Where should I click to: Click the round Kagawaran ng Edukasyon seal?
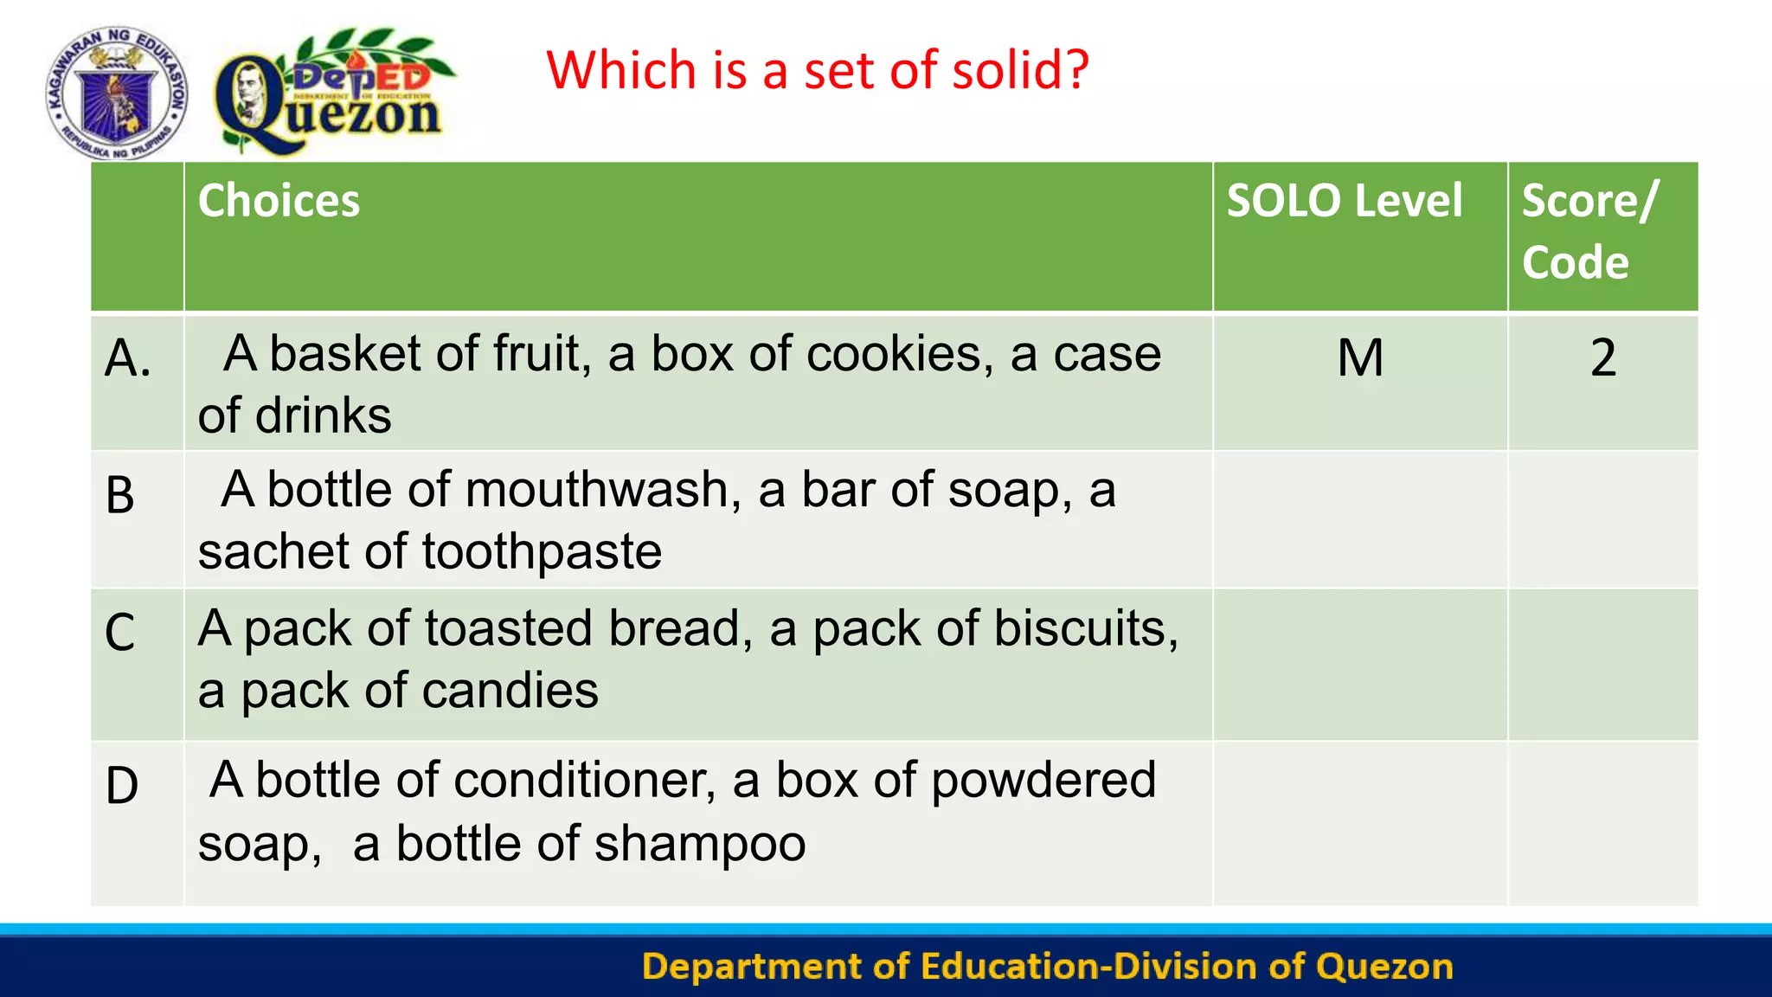(117, 93)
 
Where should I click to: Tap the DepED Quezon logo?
(333, 93)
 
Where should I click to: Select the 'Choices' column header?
(279, 201)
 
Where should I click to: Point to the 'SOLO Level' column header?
(1345, 201)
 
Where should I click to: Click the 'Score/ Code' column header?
(1589, 231)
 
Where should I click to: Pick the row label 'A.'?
(127, 358)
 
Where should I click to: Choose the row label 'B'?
(120, 496)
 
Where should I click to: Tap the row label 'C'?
(120, 633)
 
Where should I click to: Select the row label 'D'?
(122, 786)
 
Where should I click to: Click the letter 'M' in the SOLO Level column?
(1360, 357)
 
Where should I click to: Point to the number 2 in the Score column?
(1603, 357)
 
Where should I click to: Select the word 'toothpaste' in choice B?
(542, 551)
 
